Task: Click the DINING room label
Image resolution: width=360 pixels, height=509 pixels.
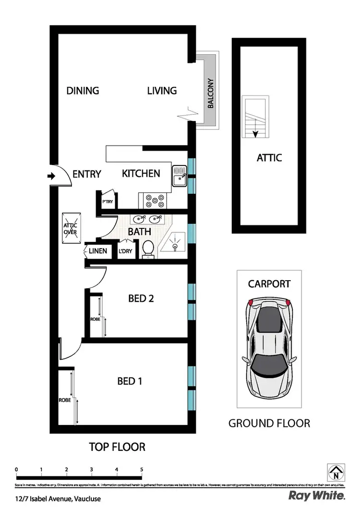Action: (83, 90)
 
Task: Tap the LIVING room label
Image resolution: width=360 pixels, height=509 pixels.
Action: (162, 90)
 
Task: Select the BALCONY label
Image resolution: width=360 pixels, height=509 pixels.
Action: (211, 93)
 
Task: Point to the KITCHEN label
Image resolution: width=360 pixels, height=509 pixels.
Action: (141, 173)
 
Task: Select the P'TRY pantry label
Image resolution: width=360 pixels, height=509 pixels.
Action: (107, 202)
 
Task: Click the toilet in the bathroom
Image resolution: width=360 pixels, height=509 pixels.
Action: (148, 249)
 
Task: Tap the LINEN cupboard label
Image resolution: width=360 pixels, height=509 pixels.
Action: (98, 251)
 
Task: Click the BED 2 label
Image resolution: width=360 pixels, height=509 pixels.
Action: (141, 298)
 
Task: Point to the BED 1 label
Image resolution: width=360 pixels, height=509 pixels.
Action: (130, 381)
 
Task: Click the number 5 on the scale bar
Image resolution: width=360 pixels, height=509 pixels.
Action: (142, 470)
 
